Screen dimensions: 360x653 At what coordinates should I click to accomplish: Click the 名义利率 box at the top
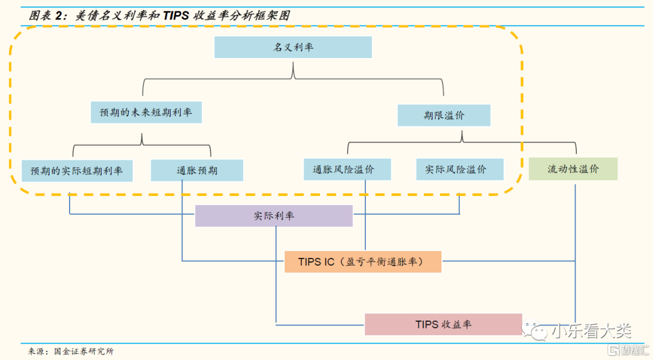point(293,47)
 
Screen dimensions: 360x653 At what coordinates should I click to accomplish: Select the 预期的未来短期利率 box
point(146,113)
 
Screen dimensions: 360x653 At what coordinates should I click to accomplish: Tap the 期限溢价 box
point(444,116)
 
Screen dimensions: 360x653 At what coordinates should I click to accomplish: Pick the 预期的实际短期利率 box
point(77,171)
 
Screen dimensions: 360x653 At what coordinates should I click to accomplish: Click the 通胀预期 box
point(197,171)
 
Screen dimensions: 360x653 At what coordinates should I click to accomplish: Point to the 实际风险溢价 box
point(460,169)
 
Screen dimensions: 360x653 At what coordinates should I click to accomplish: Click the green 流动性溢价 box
point(573,169)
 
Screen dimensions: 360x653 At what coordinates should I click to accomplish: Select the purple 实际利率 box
point(274,216)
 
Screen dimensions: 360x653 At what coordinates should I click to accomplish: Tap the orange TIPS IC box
point(363,262)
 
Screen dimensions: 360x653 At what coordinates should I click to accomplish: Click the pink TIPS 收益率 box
point(443,324)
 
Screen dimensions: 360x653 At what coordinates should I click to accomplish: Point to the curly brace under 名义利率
point(293,76)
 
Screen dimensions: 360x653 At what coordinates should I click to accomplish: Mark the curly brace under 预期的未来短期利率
point(142,142)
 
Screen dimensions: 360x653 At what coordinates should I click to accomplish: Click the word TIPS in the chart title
point(177,16)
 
